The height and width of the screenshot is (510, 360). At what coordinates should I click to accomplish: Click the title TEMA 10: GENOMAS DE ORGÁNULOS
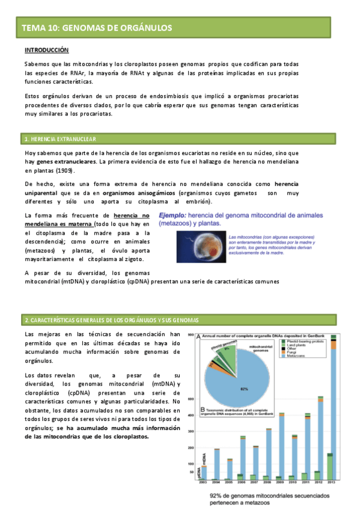click(97, 28)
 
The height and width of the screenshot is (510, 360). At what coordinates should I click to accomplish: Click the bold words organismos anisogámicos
click(139, 193)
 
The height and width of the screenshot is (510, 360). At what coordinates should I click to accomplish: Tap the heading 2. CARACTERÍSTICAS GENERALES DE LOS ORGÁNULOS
click(111, 319)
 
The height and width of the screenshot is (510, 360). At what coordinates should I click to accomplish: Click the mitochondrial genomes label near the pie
click(278, 349)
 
